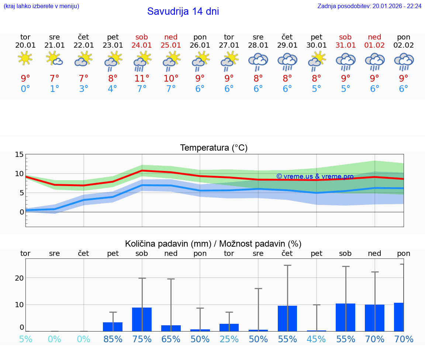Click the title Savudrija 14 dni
183,11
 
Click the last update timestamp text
369,6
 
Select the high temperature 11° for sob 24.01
142,78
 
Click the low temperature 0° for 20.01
25,89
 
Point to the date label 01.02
374,45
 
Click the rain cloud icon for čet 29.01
287,61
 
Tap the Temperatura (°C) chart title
214,148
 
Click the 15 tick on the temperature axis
19,155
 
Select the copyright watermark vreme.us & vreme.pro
315,176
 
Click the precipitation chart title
213,244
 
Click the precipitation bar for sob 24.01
142,319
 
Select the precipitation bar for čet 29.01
287,318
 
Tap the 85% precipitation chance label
113,339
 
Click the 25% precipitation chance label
229,339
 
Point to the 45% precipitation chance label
317,339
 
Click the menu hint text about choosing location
41,6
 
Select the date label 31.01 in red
346,45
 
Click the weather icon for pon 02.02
404,61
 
